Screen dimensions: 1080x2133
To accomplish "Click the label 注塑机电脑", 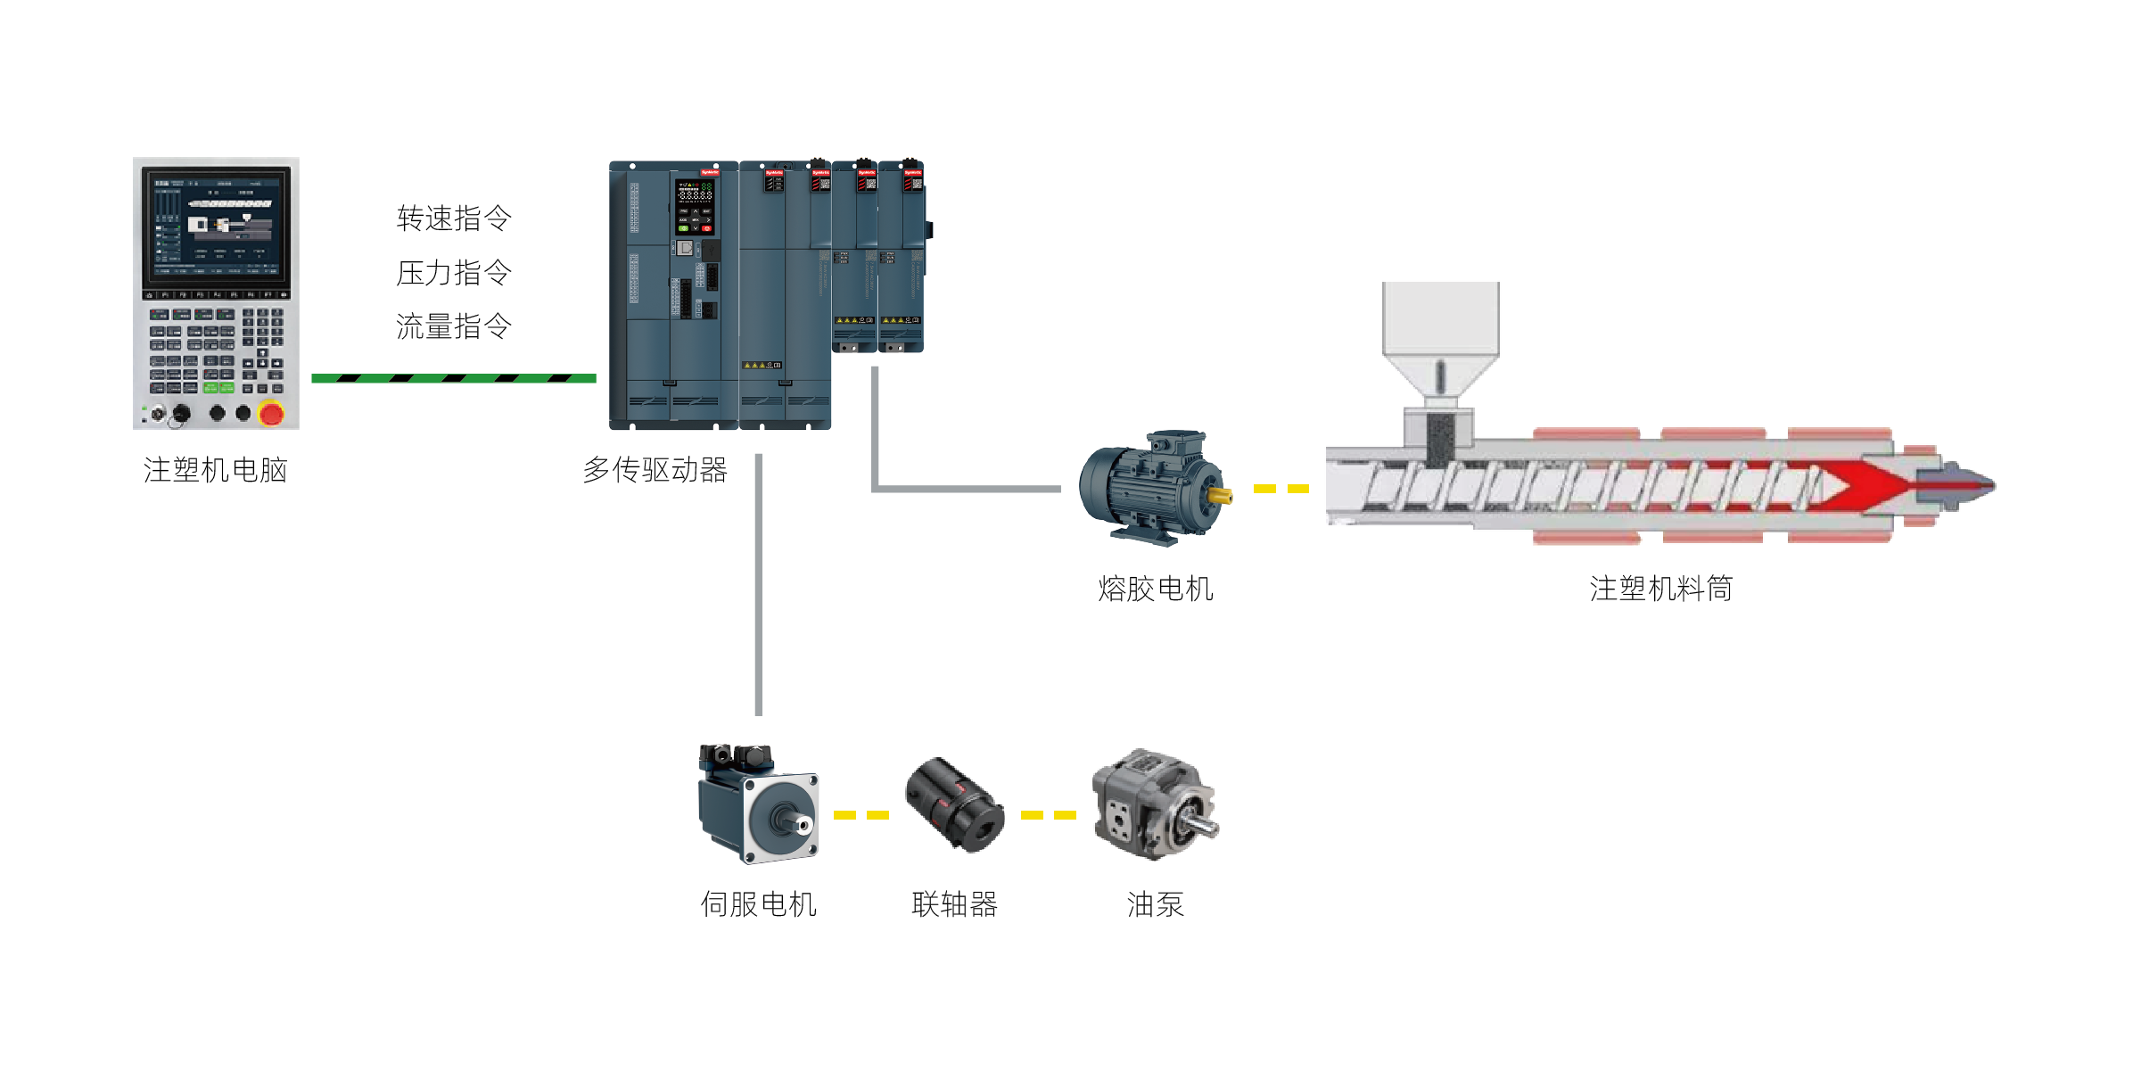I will [215, 470].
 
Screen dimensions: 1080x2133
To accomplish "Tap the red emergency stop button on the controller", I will [270, 413].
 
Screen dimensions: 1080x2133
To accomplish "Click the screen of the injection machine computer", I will [216, 222].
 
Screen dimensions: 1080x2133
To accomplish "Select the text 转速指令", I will [454, 218].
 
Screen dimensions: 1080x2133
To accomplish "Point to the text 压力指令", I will [454, 273].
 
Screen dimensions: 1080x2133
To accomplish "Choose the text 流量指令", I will [454, 326].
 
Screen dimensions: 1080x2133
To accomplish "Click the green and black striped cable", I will [453, 379].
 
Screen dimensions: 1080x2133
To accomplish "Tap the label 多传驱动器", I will [655, 470].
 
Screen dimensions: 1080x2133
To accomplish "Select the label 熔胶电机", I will [1155, 589].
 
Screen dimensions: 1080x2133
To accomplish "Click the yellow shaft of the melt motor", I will [1220, 495].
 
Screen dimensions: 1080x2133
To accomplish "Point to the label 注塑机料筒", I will [1660, 589].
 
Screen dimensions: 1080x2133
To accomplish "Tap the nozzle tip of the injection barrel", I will [1975, 485].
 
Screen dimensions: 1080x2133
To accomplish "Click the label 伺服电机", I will [758, 904].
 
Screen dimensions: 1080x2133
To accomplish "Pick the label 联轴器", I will [953, 904].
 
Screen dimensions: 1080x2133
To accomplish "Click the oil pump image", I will [1154, 805].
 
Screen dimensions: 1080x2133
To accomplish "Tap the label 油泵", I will [1155, 904].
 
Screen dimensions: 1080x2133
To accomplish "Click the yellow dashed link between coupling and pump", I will [1049, 815].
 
